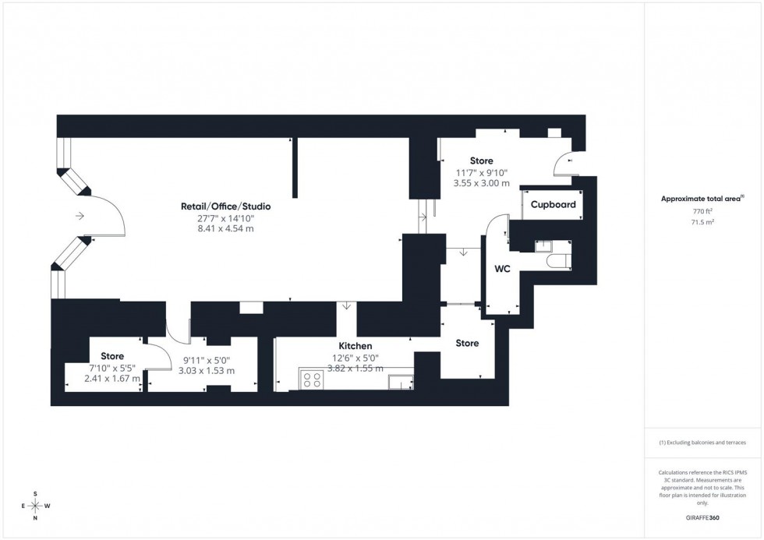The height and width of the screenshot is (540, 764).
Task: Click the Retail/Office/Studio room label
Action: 234,206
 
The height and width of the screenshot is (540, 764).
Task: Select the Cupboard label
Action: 553,205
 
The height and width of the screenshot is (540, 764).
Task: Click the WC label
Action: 502,270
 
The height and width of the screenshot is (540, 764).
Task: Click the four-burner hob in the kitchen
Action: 313,380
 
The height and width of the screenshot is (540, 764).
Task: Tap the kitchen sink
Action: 401,381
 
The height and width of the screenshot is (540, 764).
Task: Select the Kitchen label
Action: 355,346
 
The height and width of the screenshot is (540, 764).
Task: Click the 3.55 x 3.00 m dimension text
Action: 481,184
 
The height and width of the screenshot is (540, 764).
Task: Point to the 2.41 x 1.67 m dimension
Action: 112,379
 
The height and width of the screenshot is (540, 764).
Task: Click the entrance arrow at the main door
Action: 80,216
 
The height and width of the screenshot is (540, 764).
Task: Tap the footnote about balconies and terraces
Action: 702,443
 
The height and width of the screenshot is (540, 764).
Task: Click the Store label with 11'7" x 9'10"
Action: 481,161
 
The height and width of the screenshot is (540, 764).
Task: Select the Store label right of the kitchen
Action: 466,343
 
